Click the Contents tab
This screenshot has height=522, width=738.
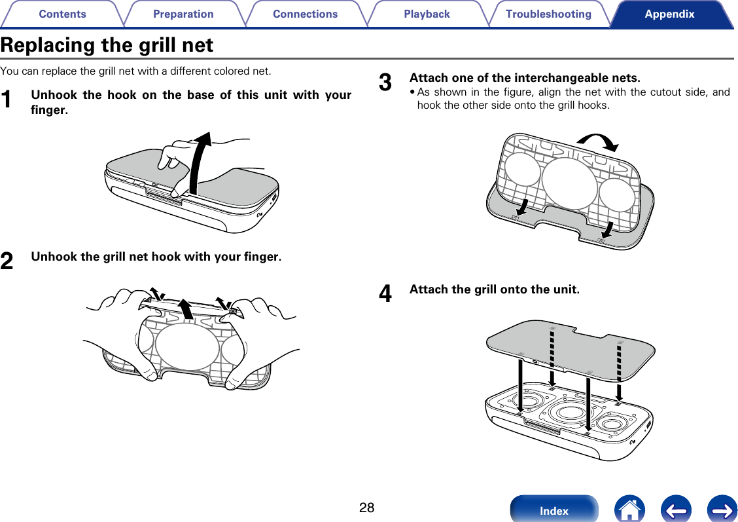(62, 14)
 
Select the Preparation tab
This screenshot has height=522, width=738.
(183, 14)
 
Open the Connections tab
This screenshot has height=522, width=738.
(305, 14)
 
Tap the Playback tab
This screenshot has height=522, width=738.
(427, 14)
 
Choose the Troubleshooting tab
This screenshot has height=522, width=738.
(548, 14)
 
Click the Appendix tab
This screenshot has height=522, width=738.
(669, 14)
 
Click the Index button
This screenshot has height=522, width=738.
(554, 510)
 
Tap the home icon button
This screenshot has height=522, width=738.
(629, 510)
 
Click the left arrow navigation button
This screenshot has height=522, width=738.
(676, 510)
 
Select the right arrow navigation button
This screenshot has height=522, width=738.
(722, 510)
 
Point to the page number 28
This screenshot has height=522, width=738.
(366, 508)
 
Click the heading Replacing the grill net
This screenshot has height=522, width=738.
(107, 45)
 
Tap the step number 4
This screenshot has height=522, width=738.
(385, 294)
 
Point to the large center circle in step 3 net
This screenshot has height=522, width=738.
(570, 183)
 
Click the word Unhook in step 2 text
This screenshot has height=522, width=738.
(53, 256)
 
